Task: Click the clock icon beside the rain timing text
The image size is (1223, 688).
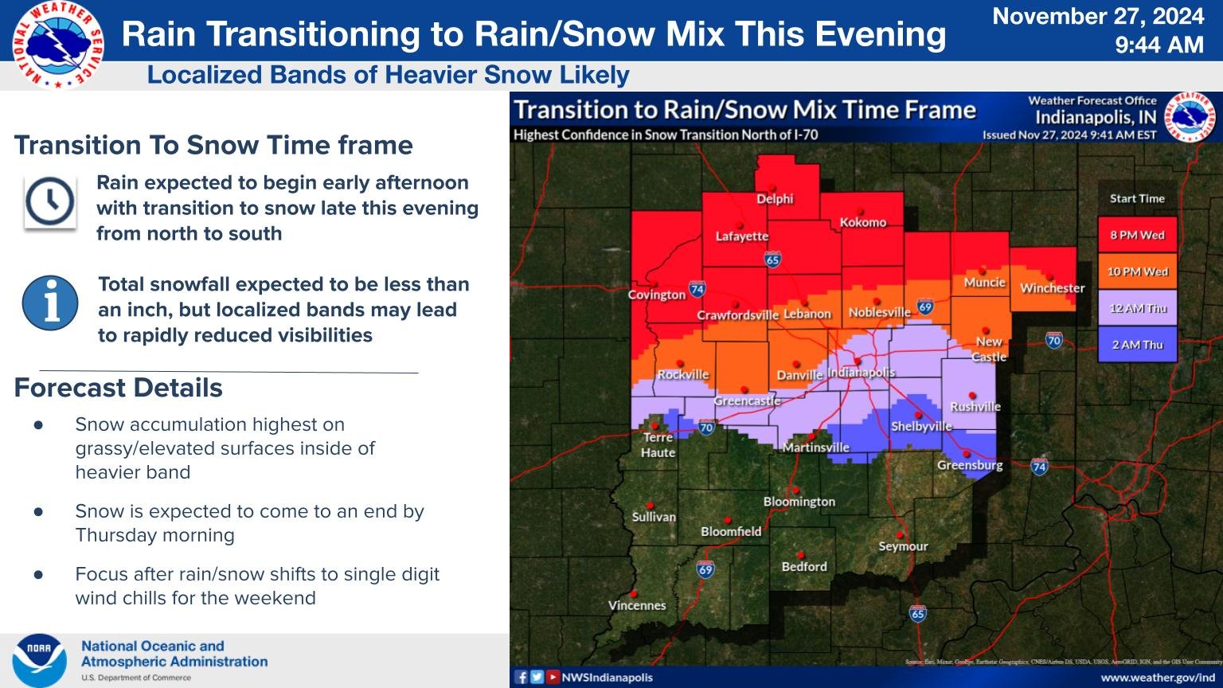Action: click(50, 202)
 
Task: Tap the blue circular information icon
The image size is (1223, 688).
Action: click(50, 303)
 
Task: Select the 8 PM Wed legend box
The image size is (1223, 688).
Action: click(1137, 235)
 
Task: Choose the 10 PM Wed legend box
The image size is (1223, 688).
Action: click(1137, 272)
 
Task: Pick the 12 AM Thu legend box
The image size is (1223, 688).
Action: click(1137, 308)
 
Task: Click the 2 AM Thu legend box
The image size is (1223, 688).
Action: click(1137, 345)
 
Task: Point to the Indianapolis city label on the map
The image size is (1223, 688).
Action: click(862, 373)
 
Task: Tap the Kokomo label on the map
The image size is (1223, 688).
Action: click(863, 223)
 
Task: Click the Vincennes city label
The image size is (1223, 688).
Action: click(637, 605)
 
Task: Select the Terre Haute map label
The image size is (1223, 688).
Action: click(658, 444)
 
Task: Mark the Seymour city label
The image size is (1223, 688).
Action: click(903, 546)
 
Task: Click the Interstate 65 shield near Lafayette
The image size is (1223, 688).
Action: click(772, 260)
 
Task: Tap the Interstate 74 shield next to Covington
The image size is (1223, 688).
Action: click(697, 290)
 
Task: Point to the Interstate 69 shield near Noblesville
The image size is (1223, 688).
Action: click(924, 307)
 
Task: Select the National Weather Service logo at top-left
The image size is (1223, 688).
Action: click(58, 45)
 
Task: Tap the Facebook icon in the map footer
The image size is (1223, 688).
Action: click(522, 677)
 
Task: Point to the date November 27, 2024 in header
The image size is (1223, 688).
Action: click(1098, 17)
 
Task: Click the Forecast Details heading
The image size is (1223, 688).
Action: click(119, 388)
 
